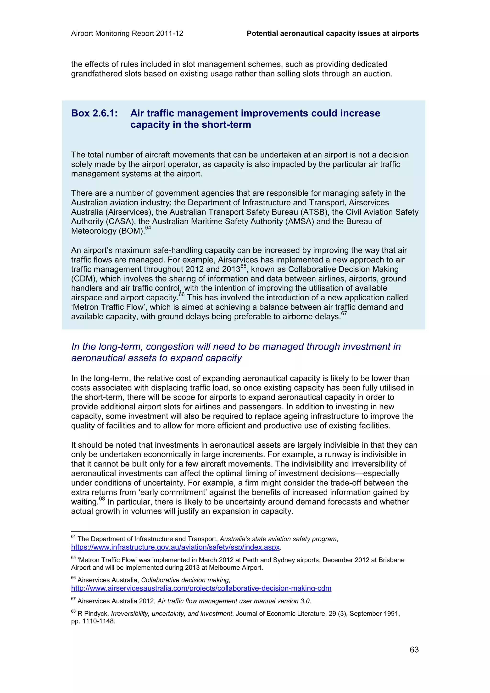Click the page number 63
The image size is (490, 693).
[x=414, y=649]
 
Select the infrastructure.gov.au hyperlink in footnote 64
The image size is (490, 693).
[x=175, y=547]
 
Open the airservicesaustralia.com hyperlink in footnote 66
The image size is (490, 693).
[x=201, y=588]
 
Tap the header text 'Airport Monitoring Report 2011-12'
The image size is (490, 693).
[x=127, y=33]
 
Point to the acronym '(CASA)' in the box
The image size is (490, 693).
[x=120, y=221]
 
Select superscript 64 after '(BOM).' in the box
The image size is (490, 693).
[x=148, y=228]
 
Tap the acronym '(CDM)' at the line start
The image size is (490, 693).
[x=84, y=279]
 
